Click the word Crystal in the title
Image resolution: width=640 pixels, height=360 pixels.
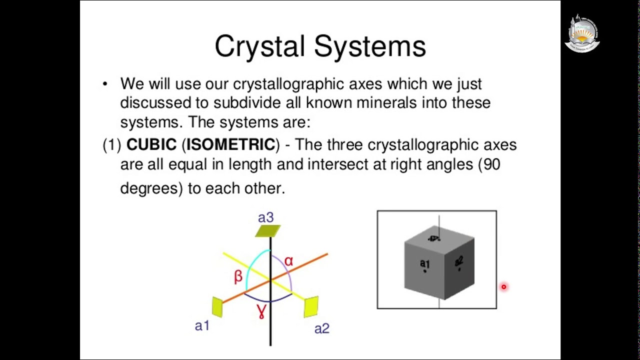click(259, 46)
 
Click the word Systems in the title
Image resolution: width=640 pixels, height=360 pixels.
click(370, 46)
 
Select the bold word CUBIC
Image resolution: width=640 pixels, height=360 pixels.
click(151, 145)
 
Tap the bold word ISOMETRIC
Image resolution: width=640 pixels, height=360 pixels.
click(230, 145)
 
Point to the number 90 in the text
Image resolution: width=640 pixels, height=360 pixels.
click(491, 164)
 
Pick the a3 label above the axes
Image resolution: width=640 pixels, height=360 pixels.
click(265, 218)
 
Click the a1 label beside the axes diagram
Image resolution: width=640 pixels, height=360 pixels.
click(202, 326)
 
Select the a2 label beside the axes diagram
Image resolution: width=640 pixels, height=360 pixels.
click(322, 328)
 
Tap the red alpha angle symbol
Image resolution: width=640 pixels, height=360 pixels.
click(288, 261)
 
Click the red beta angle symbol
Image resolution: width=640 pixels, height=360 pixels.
click(238, 276)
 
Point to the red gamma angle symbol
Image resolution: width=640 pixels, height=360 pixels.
click(261, 310)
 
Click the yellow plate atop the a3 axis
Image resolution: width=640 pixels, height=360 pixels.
click(268, 230)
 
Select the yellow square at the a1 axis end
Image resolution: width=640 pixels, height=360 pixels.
click(217, 307)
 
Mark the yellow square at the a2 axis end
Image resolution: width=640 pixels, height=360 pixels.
click(311, 306)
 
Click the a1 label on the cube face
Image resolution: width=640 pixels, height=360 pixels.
click(424, 263)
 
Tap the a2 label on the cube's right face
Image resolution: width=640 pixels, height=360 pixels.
click(459, 261)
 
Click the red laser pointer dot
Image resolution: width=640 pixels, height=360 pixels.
click(503, 287)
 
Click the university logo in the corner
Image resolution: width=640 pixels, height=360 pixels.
click(582, 33)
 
